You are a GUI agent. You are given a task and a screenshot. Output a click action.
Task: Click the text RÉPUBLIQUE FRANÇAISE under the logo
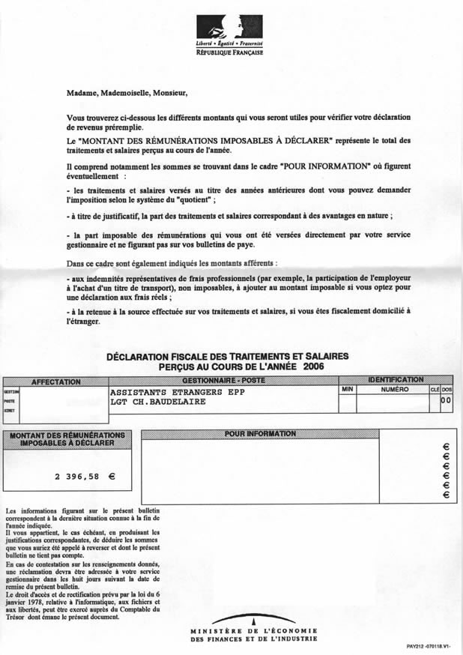click(234, 55)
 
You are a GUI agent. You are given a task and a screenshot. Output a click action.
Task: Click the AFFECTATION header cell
click(55, 381)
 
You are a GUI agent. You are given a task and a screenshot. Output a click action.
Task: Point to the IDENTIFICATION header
click(396, 380)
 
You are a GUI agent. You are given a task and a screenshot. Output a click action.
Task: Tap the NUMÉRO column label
click(394, 390)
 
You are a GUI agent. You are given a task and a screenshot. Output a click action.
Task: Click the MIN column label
click(347, 390)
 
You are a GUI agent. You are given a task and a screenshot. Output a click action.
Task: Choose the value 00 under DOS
click(447, 402)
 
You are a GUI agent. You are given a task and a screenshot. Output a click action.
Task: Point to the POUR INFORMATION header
click(260, 434)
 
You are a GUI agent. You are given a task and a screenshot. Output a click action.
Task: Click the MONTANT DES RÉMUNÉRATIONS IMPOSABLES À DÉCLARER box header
click(68, 439)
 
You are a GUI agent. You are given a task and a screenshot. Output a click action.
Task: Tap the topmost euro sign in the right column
click(446, 446)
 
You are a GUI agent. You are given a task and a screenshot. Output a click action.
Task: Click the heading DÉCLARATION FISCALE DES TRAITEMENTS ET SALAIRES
click(228, 357)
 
